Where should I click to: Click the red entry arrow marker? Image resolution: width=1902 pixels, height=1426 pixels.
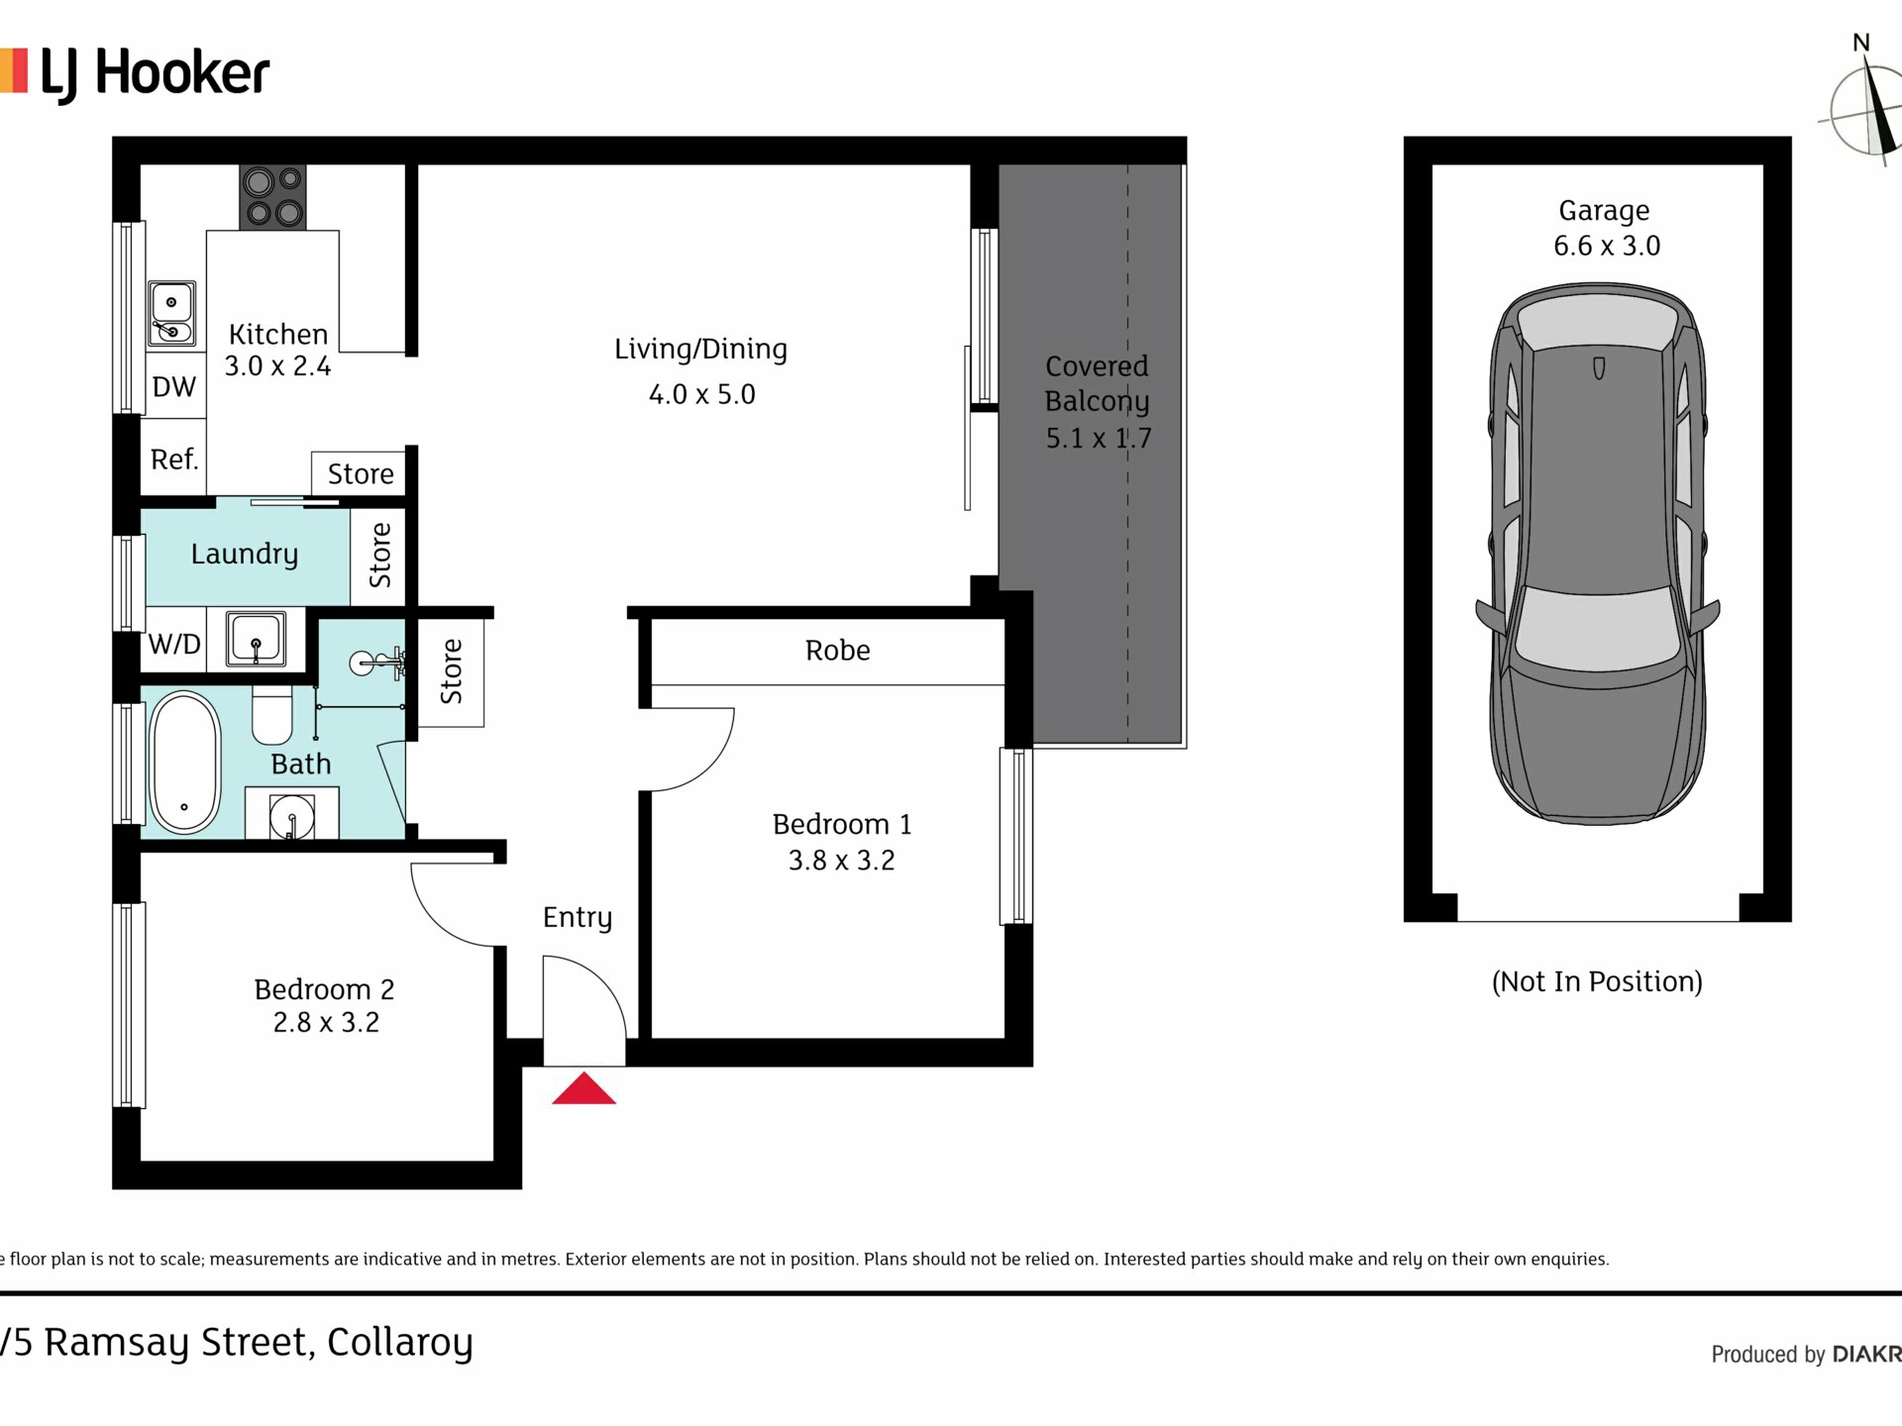583,1088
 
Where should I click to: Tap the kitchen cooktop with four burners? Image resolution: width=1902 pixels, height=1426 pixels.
272,197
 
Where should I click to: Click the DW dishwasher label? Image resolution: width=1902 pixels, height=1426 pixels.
174,386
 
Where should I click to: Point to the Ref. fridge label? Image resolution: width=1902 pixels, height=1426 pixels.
174,458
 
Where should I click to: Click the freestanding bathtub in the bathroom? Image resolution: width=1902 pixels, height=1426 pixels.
184,761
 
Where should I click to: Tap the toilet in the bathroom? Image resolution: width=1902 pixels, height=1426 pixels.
271,716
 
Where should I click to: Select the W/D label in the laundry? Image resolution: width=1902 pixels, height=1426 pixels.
174,644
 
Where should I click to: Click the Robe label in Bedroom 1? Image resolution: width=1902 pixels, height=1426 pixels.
837,650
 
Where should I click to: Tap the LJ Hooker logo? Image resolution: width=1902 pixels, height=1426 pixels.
135,74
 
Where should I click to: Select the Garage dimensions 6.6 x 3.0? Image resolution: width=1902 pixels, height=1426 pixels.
1607,246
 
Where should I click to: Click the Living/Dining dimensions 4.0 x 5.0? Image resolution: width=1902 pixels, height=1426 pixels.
701,394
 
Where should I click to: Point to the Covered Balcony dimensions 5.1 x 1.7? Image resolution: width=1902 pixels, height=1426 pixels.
1099,438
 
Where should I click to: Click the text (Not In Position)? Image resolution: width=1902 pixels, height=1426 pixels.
1597,981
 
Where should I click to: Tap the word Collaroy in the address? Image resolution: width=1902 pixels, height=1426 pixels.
400,1343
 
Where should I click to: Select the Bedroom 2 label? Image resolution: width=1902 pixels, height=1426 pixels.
324,989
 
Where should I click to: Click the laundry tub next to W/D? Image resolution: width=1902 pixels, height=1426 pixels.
256,638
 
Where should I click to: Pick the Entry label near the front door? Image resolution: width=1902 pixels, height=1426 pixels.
578,918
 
